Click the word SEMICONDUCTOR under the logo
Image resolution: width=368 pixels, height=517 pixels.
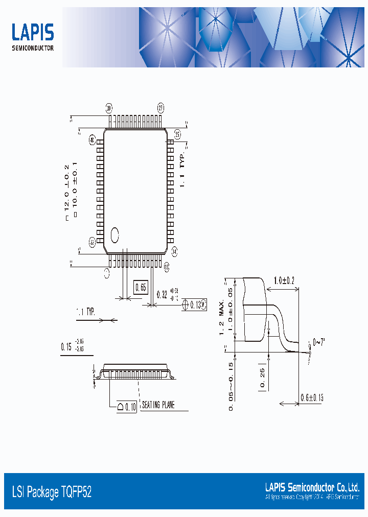(33, 49)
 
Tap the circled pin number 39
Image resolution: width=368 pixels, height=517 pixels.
(109, 108)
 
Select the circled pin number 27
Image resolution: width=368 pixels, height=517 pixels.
(160, 108)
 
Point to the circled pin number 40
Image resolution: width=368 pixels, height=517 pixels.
(93, 139)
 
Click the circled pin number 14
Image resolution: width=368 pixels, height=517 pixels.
(174, 251)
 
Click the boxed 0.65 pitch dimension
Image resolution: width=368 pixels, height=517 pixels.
(141, 288)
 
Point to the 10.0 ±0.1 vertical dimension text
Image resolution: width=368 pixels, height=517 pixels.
(75, 190)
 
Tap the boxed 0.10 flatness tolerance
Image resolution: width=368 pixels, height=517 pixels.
(127, 407)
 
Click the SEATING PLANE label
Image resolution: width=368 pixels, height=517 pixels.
(158, 405)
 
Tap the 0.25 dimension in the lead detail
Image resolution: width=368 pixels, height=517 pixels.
(262, 378)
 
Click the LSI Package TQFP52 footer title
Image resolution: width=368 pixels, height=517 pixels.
(52, 492)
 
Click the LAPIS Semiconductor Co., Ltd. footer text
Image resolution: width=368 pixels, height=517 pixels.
(312, 487)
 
